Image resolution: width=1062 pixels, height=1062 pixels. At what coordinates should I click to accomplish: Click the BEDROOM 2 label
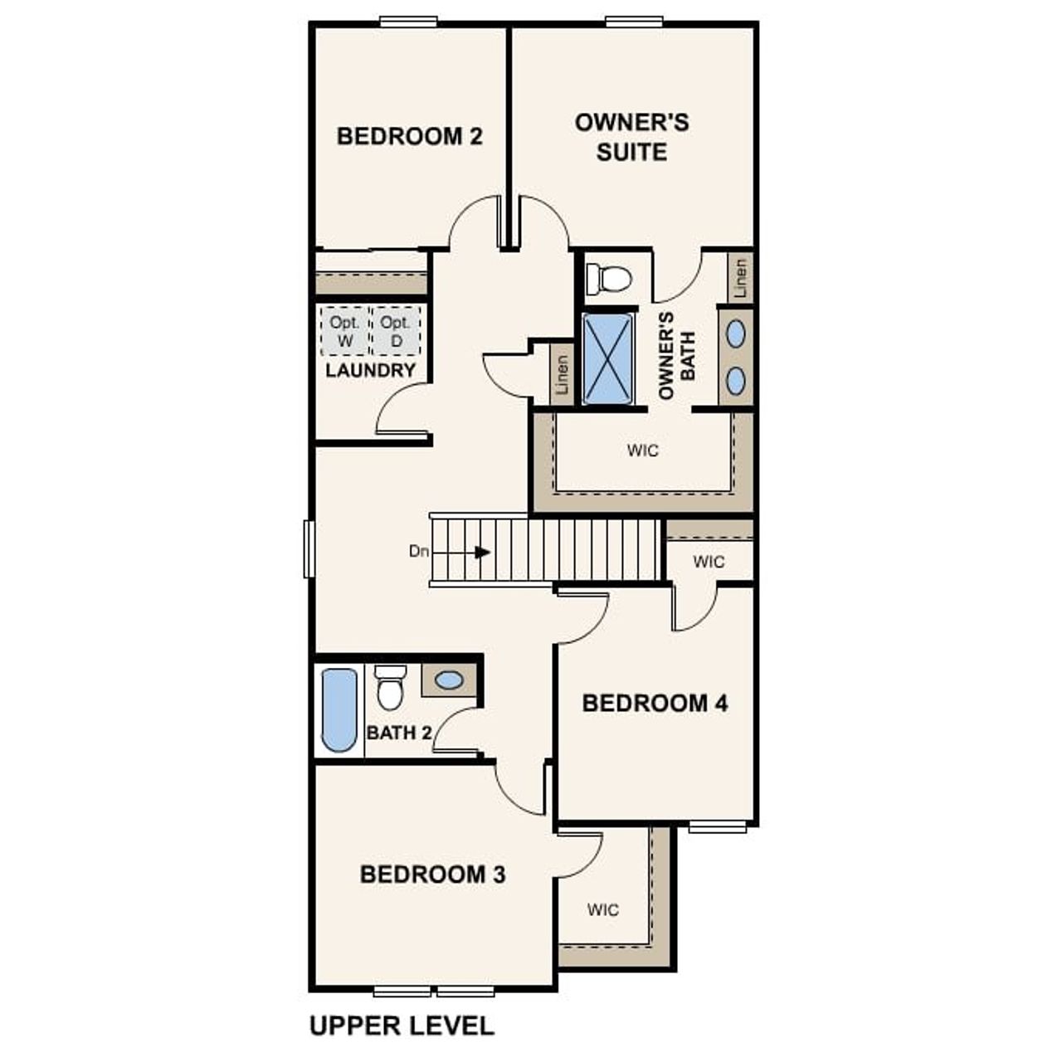point(409,136)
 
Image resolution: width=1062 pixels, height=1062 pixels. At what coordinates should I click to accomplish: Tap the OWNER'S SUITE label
point(631,138)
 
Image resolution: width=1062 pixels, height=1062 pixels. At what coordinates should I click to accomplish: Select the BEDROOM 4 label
point(655,704)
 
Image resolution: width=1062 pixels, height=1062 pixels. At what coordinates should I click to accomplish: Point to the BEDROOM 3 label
point(432,874)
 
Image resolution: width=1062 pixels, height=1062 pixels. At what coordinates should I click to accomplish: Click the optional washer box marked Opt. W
point(345,331)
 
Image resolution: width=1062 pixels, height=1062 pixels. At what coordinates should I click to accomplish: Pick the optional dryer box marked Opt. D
point(396,331)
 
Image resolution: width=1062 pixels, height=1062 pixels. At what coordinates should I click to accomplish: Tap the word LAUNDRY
point(370,371)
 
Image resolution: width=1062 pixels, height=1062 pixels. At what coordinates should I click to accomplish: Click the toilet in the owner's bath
point(609,279)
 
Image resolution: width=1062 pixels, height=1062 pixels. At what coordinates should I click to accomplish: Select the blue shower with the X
point(608,358)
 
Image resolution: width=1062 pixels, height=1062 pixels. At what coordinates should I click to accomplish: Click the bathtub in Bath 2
point(339,709)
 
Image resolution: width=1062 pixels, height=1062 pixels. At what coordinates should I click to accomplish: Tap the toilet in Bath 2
point(388,688)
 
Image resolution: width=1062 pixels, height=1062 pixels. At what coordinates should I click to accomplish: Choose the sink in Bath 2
point(449,680)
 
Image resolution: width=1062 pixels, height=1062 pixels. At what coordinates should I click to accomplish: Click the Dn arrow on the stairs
point(481,552)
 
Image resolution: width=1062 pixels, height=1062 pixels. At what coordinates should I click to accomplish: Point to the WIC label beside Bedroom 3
point(603,910)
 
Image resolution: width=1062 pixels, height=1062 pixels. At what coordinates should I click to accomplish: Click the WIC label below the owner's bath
point(643,451)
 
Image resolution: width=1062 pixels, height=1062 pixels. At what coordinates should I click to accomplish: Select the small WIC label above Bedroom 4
point(709,562)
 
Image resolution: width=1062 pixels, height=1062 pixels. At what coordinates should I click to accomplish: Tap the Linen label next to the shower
point(563,375)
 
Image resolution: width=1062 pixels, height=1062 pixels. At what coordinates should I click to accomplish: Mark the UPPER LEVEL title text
point(402,1025)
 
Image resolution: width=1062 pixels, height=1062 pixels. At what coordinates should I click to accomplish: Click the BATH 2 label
point(399,733)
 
